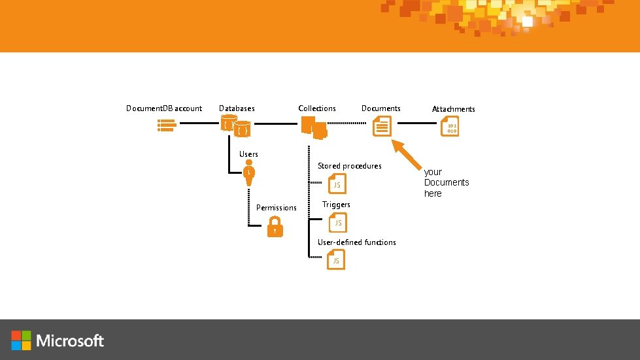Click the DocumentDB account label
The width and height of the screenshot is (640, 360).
[x=163, y=108]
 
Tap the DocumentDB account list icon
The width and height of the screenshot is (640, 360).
[x=165, y=125]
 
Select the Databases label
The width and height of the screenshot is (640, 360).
[x=237, y=108]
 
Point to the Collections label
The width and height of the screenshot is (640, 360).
[x=317, y=108]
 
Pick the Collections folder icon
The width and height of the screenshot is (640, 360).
[x=313, y=127]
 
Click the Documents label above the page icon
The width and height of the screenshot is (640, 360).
[x=381, y=108]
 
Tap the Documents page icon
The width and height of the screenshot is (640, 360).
[x=382, y=126]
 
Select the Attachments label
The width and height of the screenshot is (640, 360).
[x=454, y=109]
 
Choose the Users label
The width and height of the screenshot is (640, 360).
[x=248, y=154]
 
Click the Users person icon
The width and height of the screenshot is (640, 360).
[x=249, y=175]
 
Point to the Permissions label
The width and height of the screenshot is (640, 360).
[x=276, y=208]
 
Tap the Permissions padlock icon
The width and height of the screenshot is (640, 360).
[x=275, y=228]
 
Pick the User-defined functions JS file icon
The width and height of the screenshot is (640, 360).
[x=336, y=260]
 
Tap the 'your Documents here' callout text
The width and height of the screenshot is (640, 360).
[x=446, y=182]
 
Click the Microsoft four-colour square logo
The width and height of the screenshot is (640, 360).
[x=21, y=340]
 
